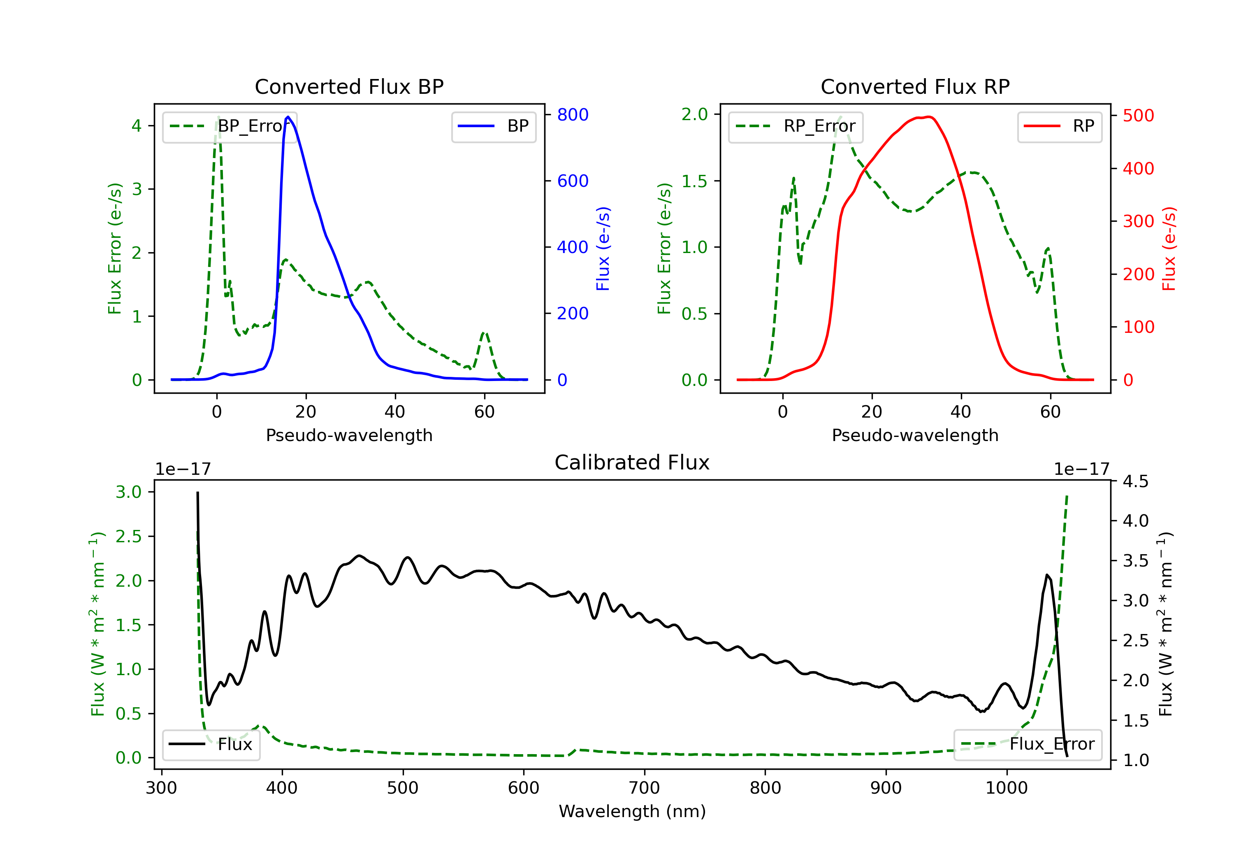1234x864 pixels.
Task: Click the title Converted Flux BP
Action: click(x=349, y=86)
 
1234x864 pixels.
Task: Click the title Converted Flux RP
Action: click(x=915, y=86)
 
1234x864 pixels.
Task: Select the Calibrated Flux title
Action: click(x=632, y=462)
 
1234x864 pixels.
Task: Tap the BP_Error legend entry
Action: click(x=230, y=126)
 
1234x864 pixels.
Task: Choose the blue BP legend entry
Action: click(x=493, y=126)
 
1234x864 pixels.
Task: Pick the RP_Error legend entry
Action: click(x=796, y=126)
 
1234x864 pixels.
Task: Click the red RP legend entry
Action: click(x=1059, y=126)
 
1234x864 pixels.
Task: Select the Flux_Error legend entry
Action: click(x=1028, y=744)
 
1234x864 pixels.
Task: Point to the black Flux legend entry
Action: click(x=211, y=744)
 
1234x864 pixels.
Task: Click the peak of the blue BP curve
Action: click(x=288, y=117)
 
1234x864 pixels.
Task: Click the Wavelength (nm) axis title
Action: click(x=632, y=811)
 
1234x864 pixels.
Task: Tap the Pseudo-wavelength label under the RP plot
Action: click(x=915, y=435)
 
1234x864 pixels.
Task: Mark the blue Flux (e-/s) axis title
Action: click(x=603, y=249)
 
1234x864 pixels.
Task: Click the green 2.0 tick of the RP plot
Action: click(x=694, y=114)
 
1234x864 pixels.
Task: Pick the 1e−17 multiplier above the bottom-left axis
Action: click(x=183, y=469)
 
